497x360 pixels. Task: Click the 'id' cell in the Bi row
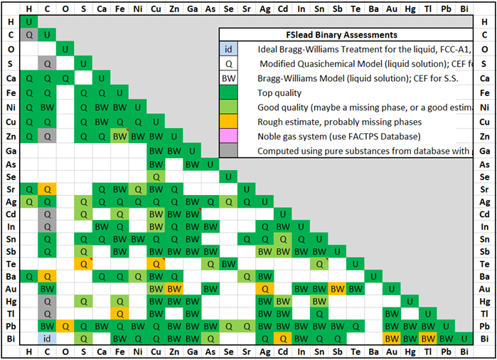[47, 339]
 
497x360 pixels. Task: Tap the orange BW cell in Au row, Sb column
[338, 289]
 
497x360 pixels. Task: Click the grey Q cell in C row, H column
[29, 34]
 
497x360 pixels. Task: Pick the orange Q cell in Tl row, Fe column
[120, 314]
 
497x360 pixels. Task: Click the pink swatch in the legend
[228, 136]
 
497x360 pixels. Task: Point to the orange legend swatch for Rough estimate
[228, 122]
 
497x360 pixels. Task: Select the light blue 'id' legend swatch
[228, 49]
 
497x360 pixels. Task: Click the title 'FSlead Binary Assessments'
[346, 35]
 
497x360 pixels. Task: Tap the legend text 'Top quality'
[280, 92]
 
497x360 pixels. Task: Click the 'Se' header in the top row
[229, 9]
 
